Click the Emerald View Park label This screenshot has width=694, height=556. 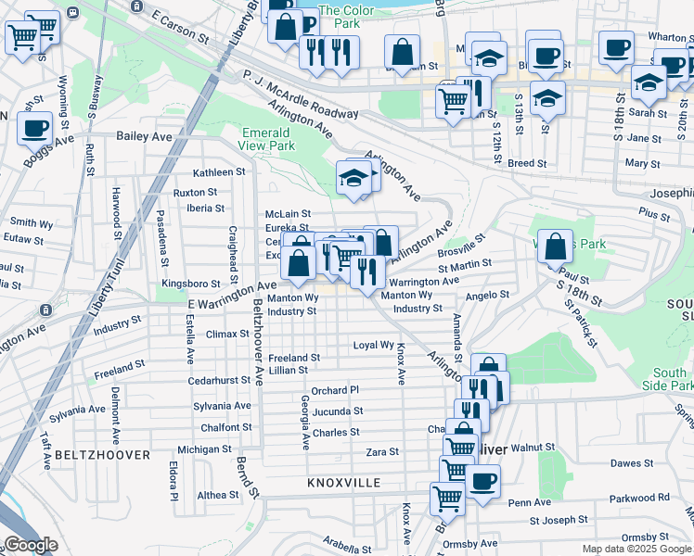point(267,139)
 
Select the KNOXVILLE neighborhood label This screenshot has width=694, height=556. point(344,484)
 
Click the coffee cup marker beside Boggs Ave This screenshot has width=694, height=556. point(35,129)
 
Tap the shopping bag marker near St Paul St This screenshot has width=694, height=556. point(555,248)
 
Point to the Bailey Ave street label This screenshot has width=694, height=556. point(144,136)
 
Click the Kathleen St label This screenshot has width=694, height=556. point(218,172)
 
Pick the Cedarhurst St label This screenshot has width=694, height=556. point(221,380)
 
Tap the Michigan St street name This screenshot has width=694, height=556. point(204,449)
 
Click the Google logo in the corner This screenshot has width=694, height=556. point(32,546)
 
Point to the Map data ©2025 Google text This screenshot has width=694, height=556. point(636,549)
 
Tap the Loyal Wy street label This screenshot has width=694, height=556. point(374,345)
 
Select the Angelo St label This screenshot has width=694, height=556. point(487,295)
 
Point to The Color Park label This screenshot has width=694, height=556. point(346,11)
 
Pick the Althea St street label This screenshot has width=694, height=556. point(217,495)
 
